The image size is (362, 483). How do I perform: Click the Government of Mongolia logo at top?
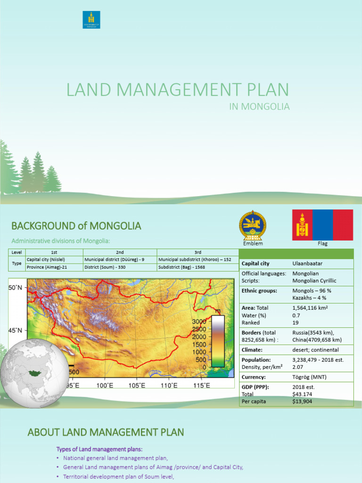[91, 20]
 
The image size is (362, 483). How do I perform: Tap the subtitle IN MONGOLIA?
[259, 107]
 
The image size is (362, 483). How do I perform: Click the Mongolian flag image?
[322, 225]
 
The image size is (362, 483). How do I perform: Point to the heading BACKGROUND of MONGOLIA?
[76, 226]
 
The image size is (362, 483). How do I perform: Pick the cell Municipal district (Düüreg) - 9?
[114, 259]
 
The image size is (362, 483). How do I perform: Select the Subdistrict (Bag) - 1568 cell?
[182, 267]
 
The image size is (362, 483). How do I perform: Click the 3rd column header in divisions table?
[197, 252]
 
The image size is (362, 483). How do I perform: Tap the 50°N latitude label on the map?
[16, 287]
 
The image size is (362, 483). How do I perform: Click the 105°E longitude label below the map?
[137, 385]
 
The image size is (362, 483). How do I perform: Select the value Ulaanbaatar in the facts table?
[307, 263]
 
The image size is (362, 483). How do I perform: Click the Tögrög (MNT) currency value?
[309, 377]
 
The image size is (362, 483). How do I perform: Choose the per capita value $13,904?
[302, 401]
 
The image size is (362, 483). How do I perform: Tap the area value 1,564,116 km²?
[310, 308]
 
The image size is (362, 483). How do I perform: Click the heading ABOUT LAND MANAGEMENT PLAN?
[106, 432]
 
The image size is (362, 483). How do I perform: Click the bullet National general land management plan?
[115, 458]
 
